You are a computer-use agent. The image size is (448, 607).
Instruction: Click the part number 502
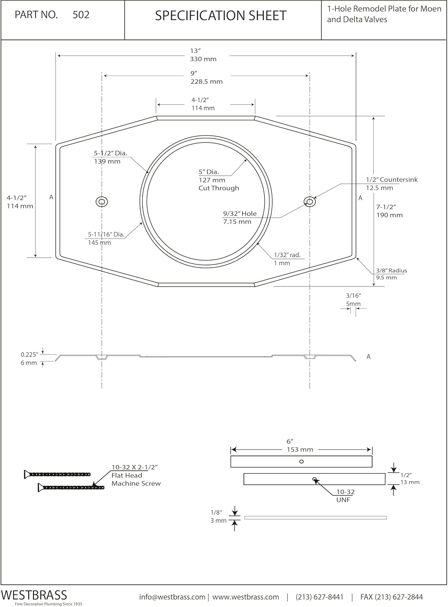(x=81, y=15)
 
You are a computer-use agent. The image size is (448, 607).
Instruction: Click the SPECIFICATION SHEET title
(x=221, y=16)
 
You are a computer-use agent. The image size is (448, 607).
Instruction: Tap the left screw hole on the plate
(x=102, y=202)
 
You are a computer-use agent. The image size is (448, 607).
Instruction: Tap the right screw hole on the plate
(x=310, y=202)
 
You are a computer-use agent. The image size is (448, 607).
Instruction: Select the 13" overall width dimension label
(x=195, y=51)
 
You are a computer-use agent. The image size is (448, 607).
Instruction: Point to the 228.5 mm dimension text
(x=206, y=81)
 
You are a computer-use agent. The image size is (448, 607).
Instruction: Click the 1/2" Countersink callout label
(x=391, y=180)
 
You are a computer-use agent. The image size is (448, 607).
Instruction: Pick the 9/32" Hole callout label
(x=240, y=214)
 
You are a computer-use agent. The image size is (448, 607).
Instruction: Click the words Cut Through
(x=219, y=188)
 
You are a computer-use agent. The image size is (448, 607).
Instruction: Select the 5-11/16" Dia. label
(x=106, y=234)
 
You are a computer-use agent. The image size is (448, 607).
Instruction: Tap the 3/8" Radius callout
(x=391, y=271)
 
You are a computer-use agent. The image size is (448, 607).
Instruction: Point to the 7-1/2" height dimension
(x=386, y=207)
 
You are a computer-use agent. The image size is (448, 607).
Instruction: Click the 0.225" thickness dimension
(x=29, y=355)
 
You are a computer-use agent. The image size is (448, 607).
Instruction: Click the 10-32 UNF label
(x=345, y=496)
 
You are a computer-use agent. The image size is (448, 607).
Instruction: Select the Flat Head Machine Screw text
(x=136, y=480)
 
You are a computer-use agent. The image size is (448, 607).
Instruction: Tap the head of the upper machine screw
(x=28, y=474)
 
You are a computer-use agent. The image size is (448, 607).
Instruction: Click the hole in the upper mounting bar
(x=301, y=461)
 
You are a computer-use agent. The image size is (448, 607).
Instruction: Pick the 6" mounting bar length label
(x=289, y=441)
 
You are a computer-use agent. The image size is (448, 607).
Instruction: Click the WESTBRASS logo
(x=34, y=595)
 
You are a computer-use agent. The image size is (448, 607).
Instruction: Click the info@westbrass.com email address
(x=172, y=597)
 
